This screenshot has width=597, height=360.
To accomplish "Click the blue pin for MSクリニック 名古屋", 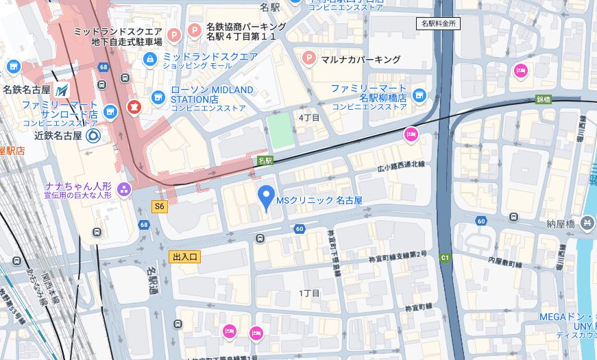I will point(266,197).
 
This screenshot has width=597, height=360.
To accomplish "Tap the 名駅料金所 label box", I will point(438,23).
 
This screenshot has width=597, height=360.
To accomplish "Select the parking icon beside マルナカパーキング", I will point(309,58).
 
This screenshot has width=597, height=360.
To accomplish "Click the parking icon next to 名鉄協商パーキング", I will point(195,31).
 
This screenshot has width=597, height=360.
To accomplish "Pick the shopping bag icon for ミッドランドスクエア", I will point(149,60).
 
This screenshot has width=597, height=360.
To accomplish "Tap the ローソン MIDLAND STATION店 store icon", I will point(158,97).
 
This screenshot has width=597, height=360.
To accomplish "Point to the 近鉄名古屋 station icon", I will point(93,135).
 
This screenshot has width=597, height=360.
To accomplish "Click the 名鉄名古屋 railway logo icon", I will point(62,90).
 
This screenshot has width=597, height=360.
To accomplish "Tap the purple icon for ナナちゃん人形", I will point(124,189).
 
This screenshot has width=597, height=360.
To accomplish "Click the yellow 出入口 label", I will point(185,257).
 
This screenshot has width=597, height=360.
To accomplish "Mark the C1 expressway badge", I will point(445,258).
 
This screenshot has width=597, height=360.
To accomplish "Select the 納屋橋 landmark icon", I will point(587,222).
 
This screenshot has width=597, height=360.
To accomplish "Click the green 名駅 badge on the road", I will point(265,160).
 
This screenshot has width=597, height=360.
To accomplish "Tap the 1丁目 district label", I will point(309,293).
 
